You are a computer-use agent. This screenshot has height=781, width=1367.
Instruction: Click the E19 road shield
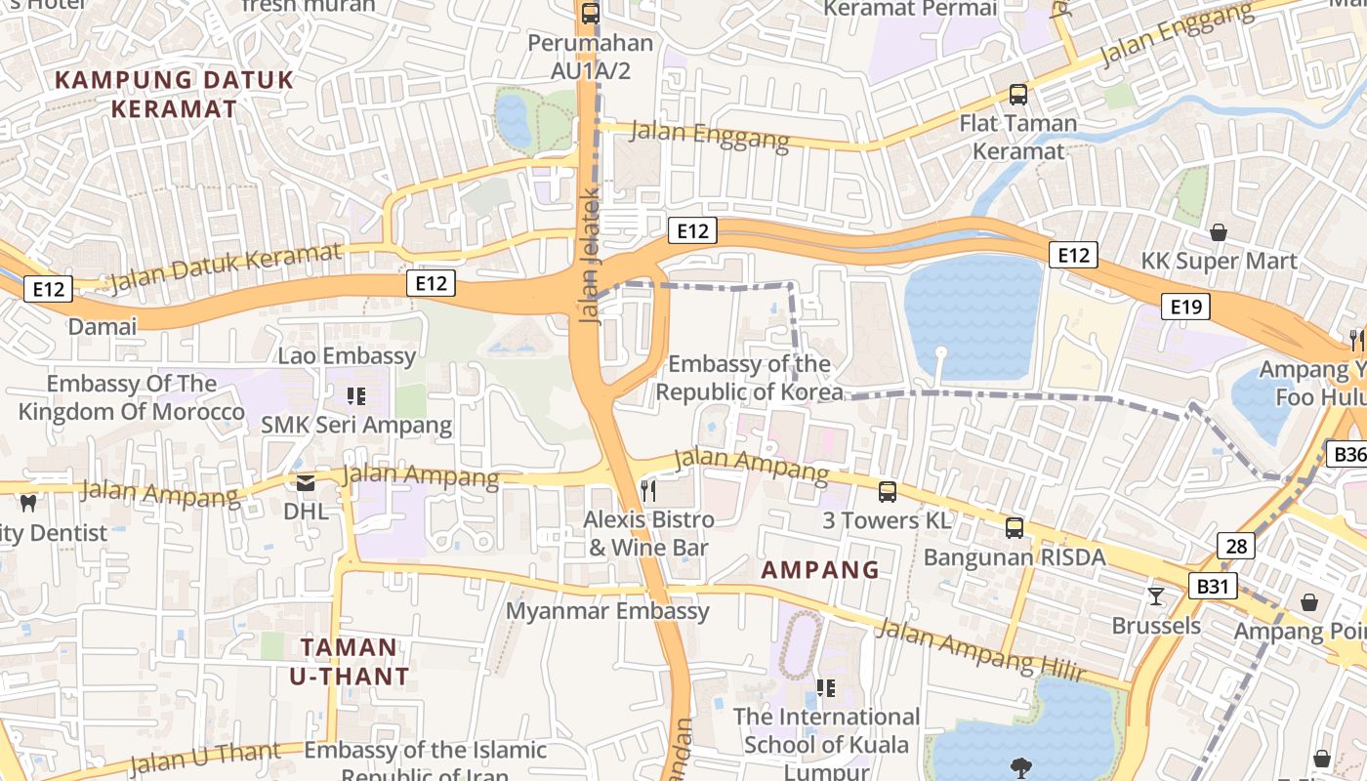1185,308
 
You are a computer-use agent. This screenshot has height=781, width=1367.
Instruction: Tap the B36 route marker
1348,454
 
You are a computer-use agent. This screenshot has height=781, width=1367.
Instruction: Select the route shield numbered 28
1236,546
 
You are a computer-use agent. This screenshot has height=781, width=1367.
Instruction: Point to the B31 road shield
1213,587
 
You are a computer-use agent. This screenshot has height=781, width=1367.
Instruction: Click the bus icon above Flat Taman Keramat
1017,95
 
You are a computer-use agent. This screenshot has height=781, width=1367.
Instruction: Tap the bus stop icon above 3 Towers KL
887,492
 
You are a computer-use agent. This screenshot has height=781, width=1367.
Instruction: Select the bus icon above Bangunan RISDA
1015,528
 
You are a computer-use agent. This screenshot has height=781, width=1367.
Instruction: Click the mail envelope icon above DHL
306,482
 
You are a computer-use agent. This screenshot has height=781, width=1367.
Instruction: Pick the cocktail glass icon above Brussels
1156,596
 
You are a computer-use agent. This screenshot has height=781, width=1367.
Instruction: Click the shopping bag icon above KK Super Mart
1219,232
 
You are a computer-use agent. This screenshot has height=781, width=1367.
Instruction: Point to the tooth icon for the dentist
27,503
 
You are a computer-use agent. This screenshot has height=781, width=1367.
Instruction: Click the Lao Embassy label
347,355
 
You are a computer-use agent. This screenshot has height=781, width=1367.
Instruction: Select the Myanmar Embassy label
607,611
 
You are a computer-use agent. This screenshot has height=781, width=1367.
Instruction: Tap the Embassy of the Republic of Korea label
749,378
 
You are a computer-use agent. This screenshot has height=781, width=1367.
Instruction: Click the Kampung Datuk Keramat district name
174,94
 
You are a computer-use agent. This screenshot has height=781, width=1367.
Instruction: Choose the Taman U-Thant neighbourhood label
349,661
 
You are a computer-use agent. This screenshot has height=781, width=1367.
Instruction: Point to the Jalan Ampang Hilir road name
979,648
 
